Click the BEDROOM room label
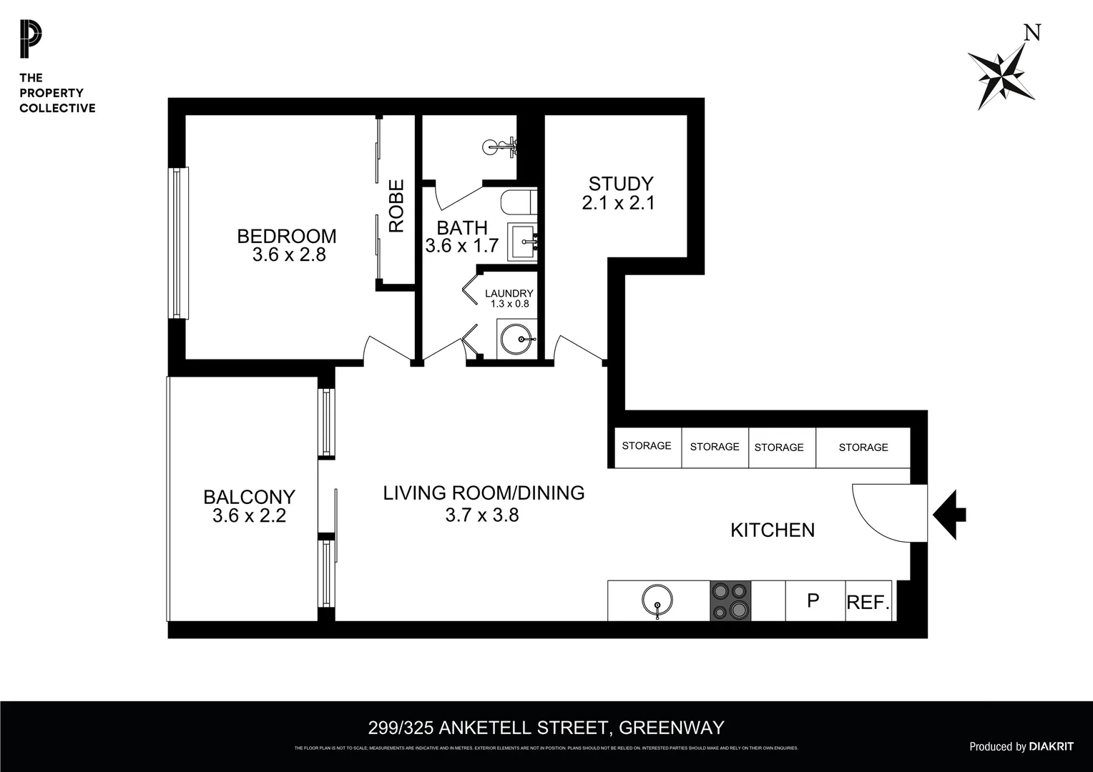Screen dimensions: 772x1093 pos(286,236)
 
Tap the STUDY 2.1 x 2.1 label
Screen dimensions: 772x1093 pos(619,193)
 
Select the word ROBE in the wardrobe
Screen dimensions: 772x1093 pos(396,206)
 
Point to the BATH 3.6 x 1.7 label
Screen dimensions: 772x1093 pos(462,237)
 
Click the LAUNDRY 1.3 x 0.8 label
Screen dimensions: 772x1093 pos(509,298)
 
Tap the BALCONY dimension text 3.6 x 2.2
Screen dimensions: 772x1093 pos(249,515)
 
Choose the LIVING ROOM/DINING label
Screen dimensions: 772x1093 pos(484,493)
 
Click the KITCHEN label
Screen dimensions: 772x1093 pos(773,530)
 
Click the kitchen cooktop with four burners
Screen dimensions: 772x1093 pos(730,600)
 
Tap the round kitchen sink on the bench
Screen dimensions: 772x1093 pos(657,600)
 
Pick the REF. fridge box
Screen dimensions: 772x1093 pos(868,602)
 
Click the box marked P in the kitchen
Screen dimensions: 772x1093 pos(813,600)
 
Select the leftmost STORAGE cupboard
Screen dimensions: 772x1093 pos(646,446)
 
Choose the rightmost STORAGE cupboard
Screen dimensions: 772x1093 pos(863,447)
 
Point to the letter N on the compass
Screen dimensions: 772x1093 pos(1031,33)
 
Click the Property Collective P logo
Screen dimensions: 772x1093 pos(30,39)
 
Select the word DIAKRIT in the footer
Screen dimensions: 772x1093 pos(1051,746)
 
